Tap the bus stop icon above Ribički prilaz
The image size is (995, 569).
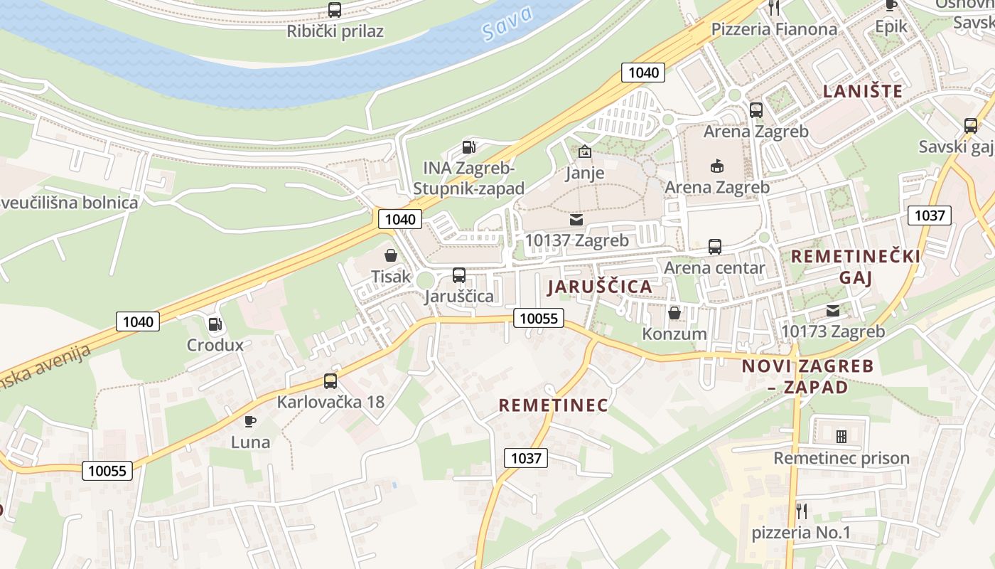pyautogui.click(x=334, y=10)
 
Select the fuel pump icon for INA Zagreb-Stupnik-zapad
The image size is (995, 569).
pyautogui.click(x=468, y=147)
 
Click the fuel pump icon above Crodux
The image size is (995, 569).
pyautogui.click(x=215, y=324)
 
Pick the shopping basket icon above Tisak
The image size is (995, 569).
pyautogui.click(x=391, y=255)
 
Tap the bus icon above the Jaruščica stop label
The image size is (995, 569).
pyautogui.click(x=459, y=275)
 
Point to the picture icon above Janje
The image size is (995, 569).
pyautogui.click(x=585, y=151)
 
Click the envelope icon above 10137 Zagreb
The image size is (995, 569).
pyautogui.click(x=576, y=220)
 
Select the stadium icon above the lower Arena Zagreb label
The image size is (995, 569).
pyautogui.click(x=716, y=166)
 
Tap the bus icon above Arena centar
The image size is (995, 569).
pyautogui.click(x=715, y=247)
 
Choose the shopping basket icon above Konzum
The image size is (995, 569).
pyautogui.click(x=674, y=312)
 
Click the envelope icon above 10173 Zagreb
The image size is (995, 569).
pyautogui.click(x=833, y=310)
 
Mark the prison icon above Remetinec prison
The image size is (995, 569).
pyautogui.click(x=841, y=436)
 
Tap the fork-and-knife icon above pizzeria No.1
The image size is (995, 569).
pyautogui.click(x=802, y=511)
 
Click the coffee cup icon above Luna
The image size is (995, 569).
pyautogui.click(x=250, y=421)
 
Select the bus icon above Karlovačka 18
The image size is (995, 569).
pyautogui.click(x=330, y=381)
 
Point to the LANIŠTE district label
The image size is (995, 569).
pyautogui.click(x=863, y=91)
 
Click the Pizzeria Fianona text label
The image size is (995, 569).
pyautogui.click(x=774, y=29)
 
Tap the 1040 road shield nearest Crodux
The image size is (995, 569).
pyautogui.click(x=138, y=321)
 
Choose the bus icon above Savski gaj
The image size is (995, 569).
pyautogui.click(x=971, y=126)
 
